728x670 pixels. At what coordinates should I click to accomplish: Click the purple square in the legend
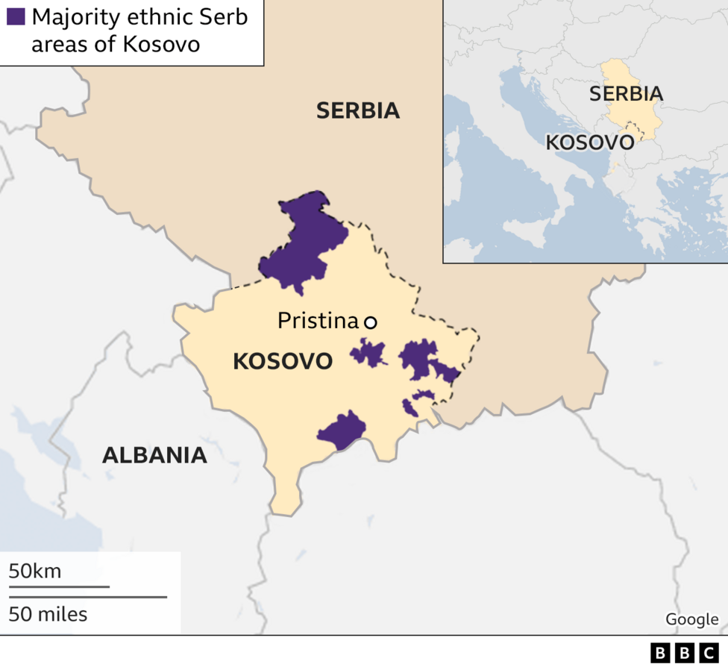[x=16, y=16]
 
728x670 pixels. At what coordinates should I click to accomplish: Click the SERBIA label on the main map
[x=358, y=110]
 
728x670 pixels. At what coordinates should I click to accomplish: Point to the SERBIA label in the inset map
[x=626, y=93]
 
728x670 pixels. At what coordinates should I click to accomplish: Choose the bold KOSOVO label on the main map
[x=283, y=361]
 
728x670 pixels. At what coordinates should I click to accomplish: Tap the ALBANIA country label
[x=154, y=454]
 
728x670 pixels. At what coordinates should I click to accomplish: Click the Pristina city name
[x=318, y=321]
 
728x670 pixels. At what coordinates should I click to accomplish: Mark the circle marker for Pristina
[x=370, y=322]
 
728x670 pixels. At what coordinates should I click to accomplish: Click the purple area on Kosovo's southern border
[x=342, y=430]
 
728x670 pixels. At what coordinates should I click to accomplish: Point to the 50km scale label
[x=35, y=572]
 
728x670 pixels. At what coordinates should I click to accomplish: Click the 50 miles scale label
[x=48, y=614]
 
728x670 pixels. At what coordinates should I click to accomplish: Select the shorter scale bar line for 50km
[x=59, y=587]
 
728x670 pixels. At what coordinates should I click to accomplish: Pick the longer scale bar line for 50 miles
[x=87, y=597]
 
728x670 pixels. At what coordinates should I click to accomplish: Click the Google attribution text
[x=691, y=619]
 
